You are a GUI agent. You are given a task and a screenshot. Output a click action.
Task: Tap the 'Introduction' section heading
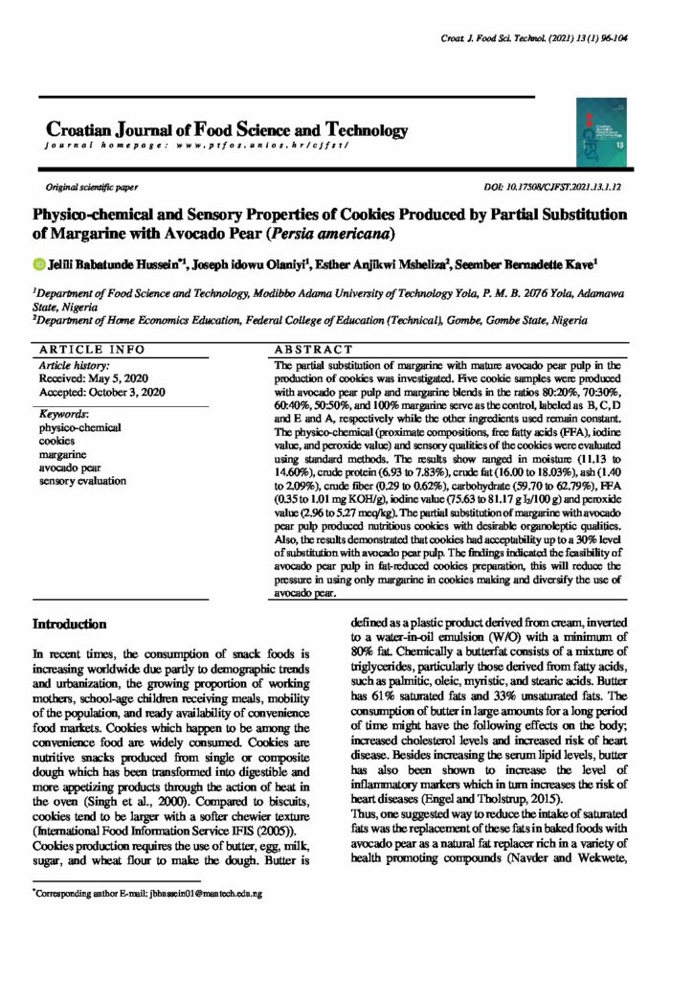pos(69,624)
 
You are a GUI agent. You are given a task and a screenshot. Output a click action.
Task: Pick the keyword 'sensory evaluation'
pos(82,481)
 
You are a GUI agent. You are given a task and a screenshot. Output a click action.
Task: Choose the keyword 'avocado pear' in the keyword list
pos(69,468)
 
